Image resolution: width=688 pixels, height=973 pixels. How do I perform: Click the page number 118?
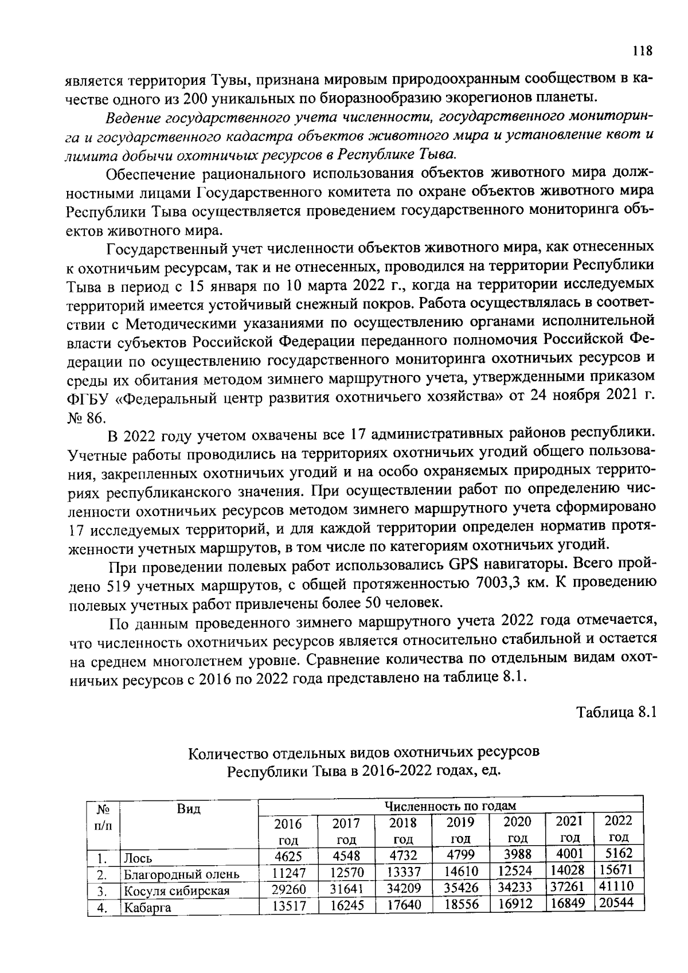643,51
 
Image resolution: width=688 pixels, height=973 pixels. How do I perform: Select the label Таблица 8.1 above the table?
615,712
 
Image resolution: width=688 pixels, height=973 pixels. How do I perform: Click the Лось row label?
139,858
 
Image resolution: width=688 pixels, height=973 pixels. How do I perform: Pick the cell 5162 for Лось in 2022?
618,854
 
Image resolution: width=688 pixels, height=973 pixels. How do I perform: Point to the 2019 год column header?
460,830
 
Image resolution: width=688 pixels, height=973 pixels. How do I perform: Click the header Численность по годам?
450,806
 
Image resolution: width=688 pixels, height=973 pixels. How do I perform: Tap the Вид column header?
189,809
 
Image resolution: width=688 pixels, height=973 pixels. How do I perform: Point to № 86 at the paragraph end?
85,417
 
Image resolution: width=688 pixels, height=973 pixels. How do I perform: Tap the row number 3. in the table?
103,892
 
